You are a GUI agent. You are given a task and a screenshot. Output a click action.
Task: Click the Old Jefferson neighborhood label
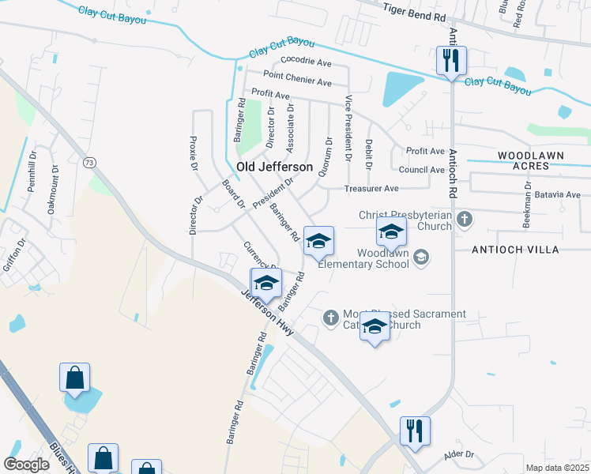(280, 167)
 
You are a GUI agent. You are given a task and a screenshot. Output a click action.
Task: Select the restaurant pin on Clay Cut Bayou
(451, 61)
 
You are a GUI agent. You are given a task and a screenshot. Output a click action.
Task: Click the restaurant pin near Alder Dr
(415, 432)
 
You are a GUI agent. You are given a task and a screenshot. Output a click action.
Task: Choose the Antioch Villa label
(515, 250)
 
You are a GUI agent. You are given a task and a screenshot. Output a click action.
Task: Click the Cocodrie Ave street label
(306, 62)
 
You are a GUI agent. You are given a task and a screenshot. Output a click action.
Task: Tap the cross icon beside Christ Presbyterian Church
(466, 219)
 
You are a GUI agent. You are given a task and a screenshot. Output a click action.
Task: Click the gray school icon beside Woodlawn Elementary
(421, 256)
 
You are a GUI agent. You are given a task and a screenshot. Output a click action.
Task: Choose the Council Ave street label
(421, 170)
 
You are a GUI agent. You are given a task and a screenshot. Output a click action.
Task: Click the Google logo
(27, 465)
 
